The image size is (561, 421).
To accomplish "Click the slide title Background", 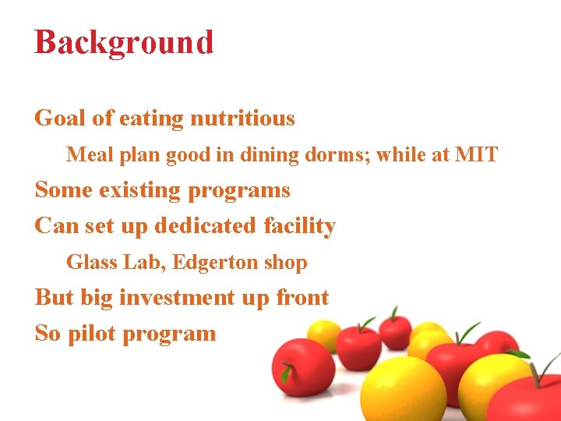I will pyautogui.click(x=124, y=42).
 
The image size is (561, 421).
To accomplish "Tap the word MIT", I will pyautogui.click(x=476, y=154).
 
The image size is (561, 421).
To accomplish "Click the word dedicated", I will pyautogui.click(x=205, y=226).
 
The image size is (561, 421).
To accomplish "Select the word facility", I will pyautogui.click(x=299, y=226).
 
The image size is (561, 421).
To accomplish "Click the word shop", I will pyautogui.click(x=286, y=263).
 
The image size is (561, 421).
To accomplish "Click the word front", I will pyautogui.click(x=302, y=298).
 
